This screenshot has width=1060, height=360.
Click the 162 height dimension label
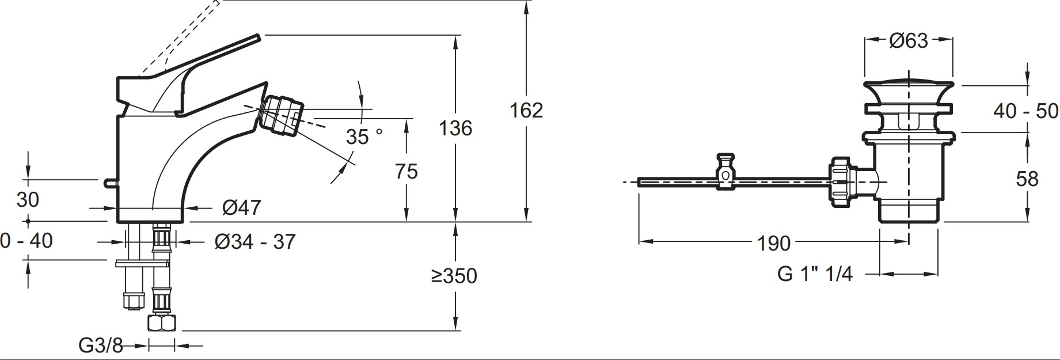pos(526,109)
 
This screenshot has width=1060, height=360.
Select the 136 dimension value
pos(455,128)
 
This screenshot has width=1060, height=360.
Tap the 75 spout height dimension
pos(406,171)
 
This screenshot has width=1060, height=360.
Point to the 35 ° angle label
pos(364,137)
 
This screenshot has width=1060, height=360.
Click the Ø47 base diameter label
pos(241,207)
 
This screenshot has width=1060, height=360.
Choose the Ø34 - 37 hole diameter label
pos(255,241)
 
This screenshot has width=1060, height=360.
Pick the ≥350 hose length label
pos(454,276)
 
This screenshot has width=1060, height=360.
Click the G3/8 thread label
pos(101,346)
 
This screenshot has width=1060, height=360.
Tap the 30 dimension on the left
pos(28,200)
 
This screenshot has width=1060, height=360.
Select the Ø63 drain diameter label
pos(909,40)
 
